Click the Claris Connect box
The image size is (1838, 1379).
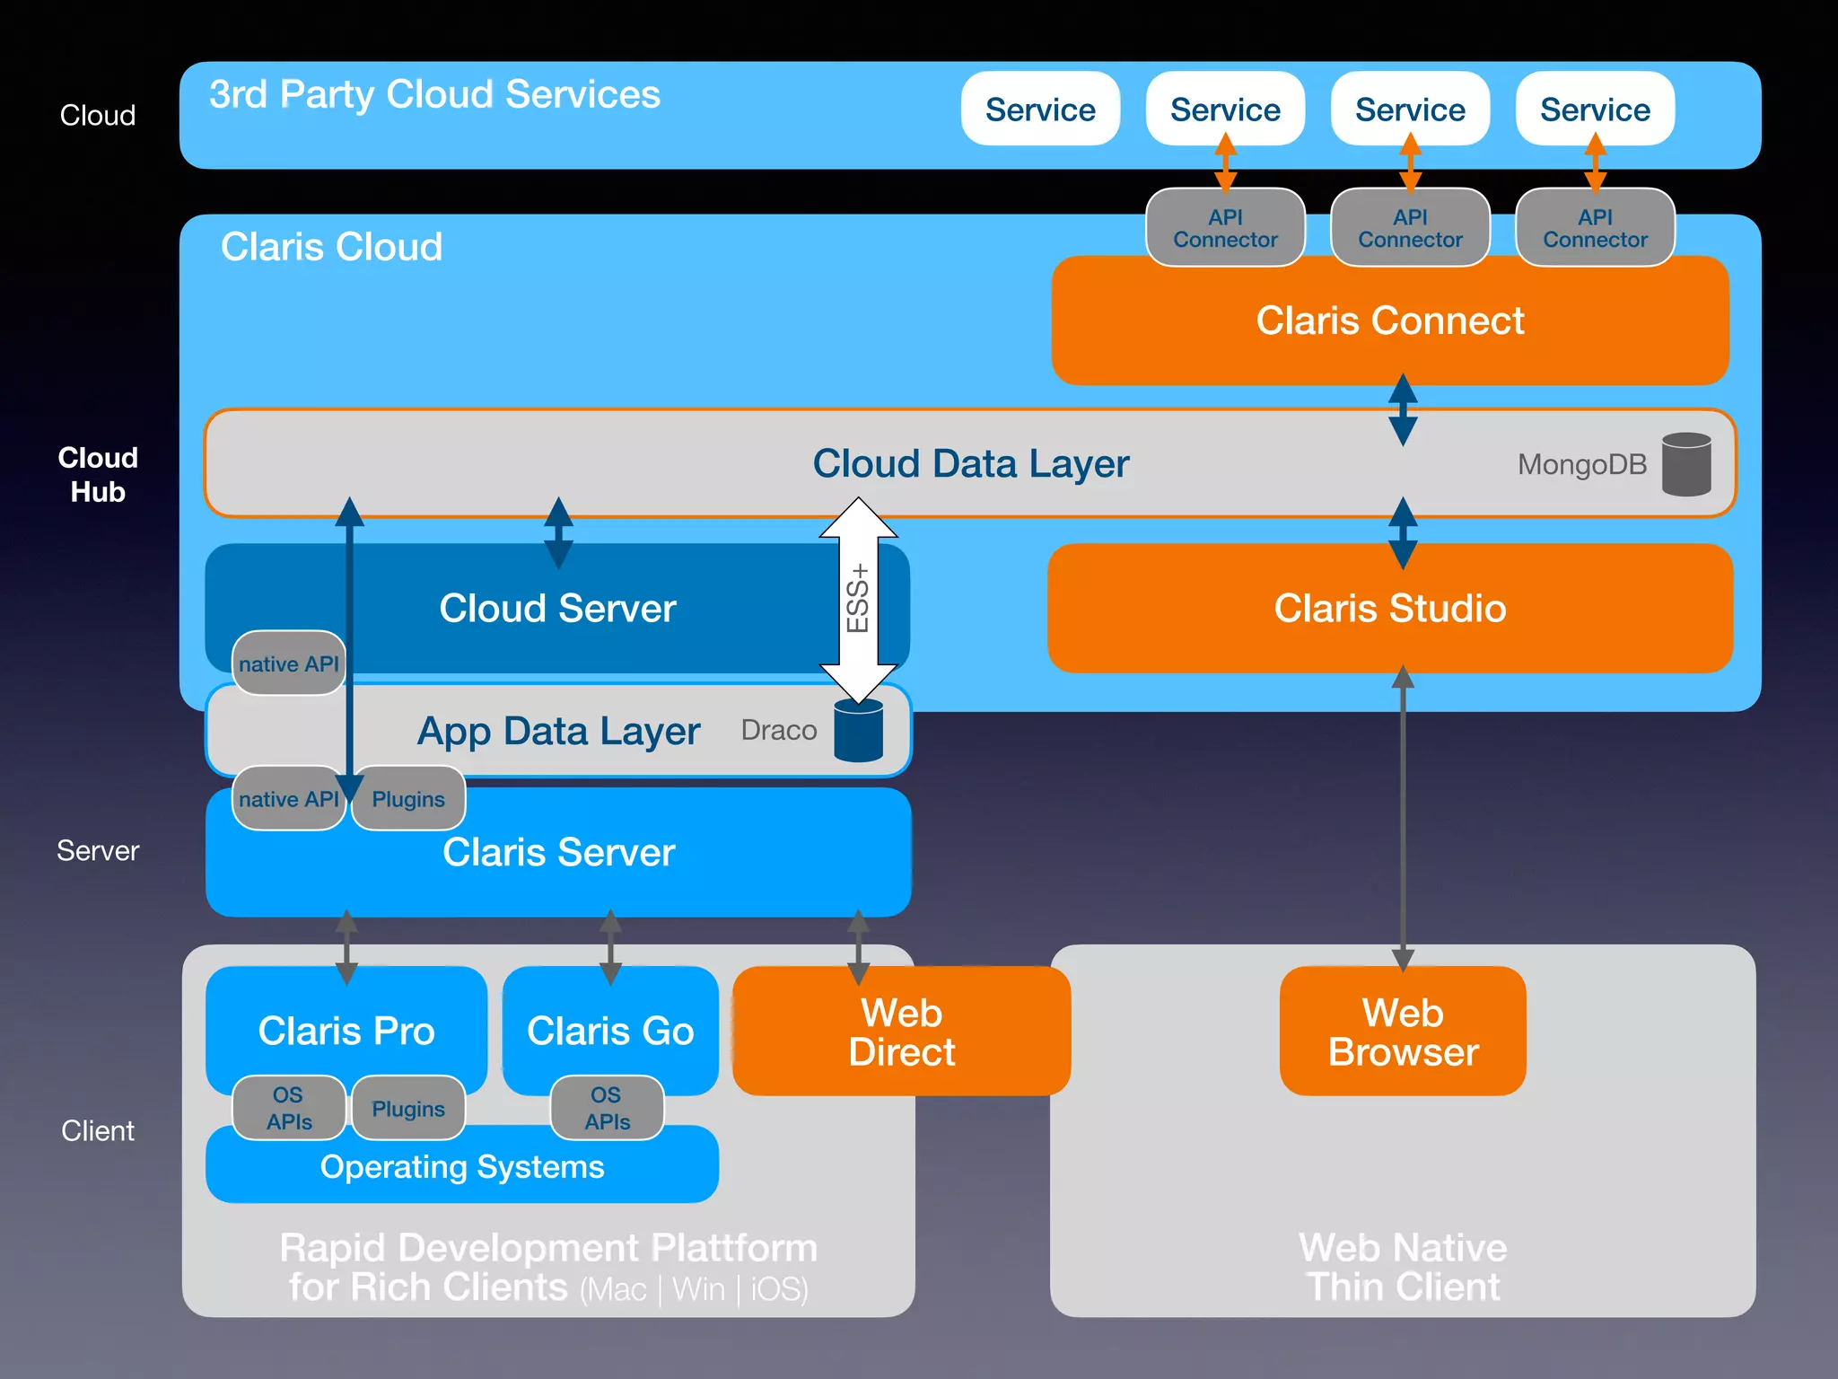pyautogui.click(x=1389, y=321)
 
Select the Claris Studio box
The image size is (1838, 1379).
pyautogui.click(x=1389, y=609)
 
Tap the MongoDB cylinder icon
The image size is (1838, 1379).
pyautogui.click(x=1685, y=464)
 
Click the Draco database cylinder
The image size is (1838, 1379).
pyautogui.click(x=858, y=731)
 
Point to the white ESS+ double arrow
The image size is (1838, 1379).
pyautogui.click(x=858, y=600)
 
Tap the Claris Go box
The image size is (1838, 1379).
pyautogui.click(x=610, y=1030)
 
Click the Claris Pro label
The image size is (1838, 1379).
pyautogui.click(x=346, y=1030)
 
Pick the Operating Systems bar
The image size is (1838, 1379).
pyautogui.click(x=461, y=1167)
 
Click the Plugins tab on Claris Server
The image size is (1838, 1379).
pyautogui.click(x=408, y=799)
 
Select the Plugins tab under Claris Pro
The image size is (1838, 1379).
pyautogui.click(x=408, y=1109)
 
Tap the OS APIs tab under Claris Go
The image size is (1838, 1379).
pyautogui.click(x=607, y=1109)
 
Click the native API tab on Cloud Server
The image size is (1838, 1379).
pyautogui.click(x=288, y=664)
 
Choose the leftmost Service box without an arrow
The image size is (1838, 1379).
pyautogui.click(x=1040, y=110)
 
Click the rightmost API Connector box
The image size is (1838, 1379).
pyautogui.click(x=1595, y=228)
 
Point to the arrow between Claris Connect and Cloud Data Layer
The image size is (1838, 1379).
pyautogui.click(x=1403, y=409)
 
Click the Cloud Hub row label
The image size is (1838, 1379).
pyautogui.click(x=98, y=475)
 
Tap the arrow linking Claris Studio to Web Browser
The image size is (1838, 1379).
pyautogui.click(x=1403, y=817)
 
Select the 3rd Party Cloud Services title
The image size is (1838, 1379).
pyautogui.click(x=434, y=94)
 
